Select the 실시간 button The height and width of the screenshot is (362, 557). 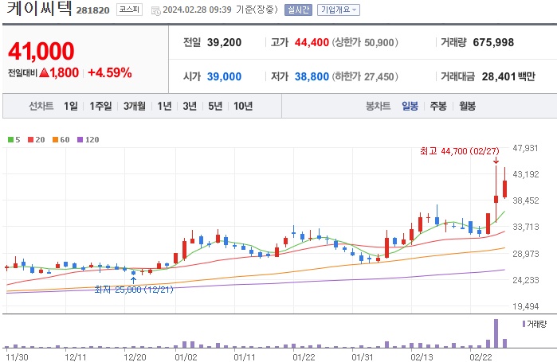coord(297,10)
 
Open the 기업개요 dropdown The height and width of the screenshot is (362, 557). coord(339,10)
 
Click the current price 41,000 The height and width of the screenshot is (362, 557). coord(41,52)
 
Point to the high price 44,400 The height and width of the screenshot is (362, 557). coord(306,41)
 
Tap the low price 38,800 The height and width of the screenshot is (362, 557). coord(306,76)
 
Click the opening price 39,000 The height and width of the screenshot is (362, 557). coord(223,76)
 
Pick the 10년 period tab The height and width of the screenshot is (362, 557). coord(243,105)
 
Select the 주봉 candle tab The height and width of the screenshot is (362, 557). coord(438,105)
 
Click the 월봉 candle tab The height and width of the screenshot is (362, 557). coord(467,105)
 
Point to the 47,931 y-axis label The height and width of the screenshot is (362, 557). coord(527,148)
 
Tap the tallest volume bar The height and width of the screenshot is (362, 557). coord(496,333)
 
